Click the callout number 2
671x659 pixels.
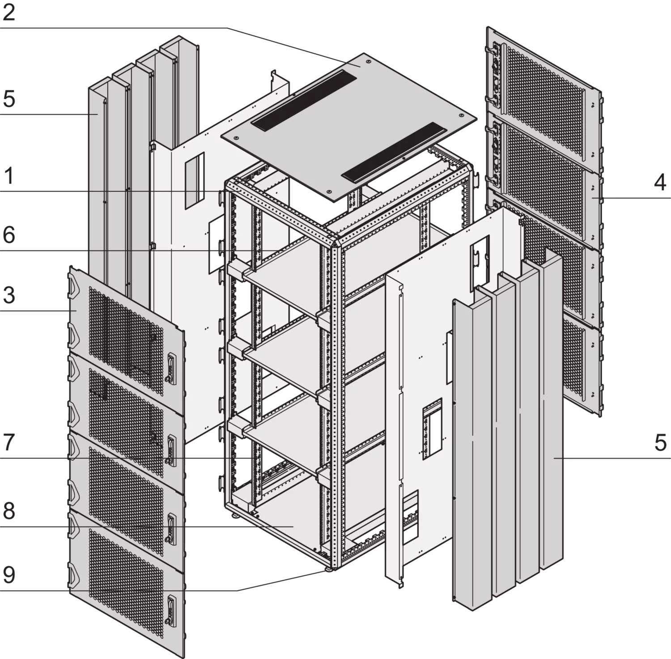pos(9,13)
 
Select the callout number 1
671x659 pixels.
pos(9,177)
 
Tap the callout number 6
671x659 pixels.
pos(9,235)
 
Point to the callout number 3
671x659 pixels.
pos(9,295)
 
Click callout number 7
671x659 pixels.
pos(9,443)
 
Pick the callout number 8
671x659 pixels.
pos(9,511)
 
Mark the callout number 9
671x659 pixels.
pos(9,575)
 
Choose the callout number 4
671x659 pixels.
pos(660,183)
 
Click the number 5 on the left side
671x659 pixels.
pos(9,99)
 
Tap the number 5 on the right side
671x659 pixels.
pos(660,443)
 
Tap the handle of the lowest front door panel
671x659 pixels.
pos(170,610)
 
